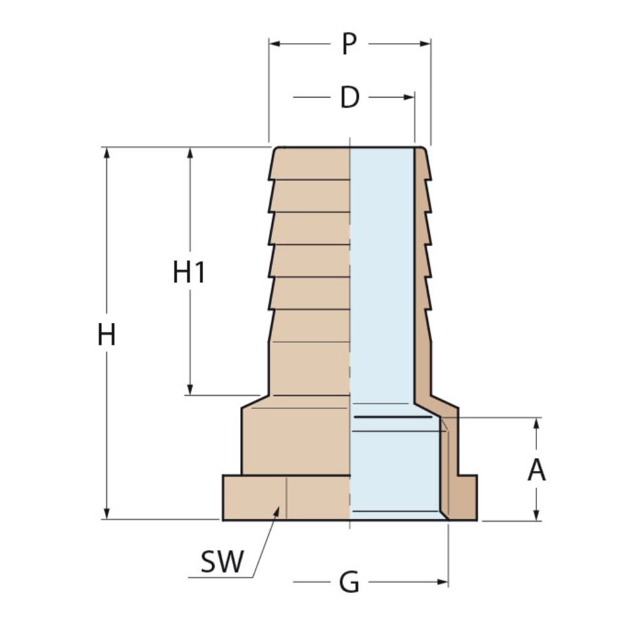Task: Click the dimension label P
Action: pyautogui.click(x=348, y=44)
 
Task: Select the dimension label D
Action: pyautogui.click(x=350, y=97)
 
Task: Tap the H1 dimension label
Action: pyautogui.click(x=189, y=273)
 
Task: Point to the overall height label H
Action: pyautogui.click(x=106, y=335)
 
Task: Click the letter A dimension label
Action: pyautogui.click(x=537, y=470)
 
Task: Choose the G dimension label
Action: pyautogui.click(x=349, y=582)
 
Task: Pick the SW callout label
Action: pyautogui.click(x=222, y=562)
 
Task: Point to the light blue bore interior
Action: pyautogui.click(x=382, y=287)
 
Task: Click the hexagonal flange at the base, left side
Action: pyautogui.click(x=255, y=497)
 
